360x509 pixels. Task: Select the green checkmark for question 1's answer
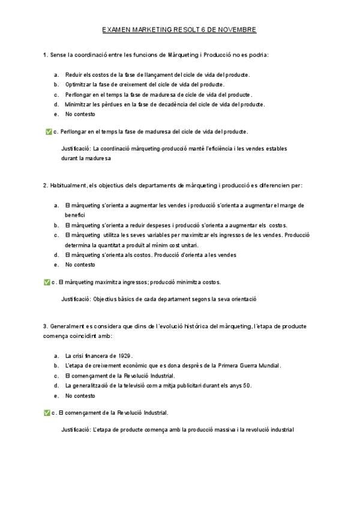coord(48,131)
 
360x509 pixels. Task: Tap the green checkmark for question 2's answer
coord(47,282)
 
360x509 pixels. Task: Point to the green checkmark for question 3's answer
coord(47,413)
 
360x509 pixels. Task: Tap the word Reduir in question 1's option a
coord(74,74)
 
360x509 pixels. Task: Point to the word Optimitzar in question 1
coord(78,85)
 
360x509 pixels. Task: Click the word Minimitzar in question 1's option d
coord(79,104)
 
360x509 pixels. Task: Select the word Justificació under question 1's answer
coord(76,148)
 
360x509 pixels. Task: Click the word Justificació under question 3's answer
coord(76,430)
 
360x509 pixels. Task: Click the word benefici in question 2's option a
coord(75,214)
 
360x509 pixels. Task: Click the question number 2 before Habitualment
coord(45,185)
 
